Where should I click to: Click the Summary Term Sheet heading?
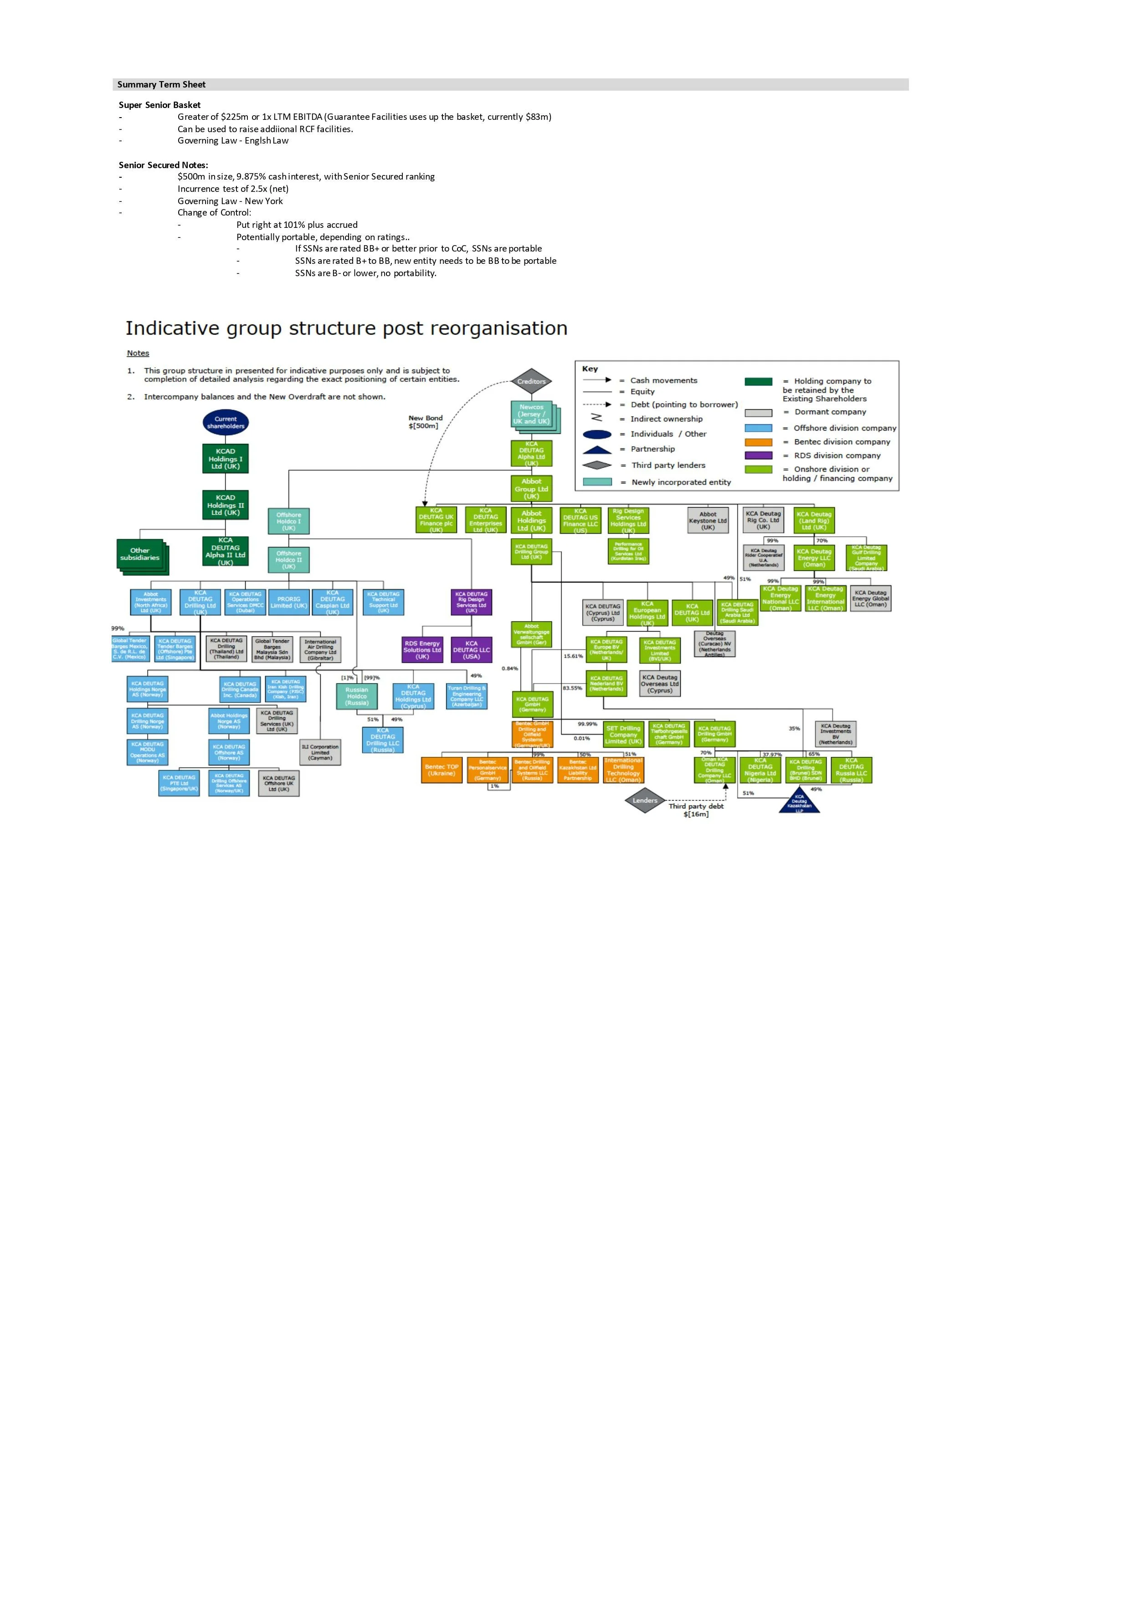[162, 84]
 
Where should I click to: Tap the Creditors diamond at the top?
[531, 382]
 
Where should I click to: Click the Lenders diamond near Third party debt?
[645, 801]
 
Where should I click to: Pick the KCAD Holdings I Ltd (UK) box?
[226, 459]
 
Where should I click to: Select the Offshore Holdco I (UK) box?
[288, 521]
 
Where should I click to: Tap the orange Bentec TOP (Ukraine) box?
[442, 770]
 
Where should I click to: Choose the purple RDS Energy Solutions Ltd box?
[422, 650]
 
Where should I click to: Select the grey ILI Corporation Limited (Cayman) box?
[320, 752]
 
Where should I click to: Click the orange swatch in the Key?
[758, 442]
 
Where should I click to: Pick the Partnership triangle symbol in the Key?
[597, 449]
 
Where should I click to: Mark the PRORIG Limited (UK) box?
[289, 602]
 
